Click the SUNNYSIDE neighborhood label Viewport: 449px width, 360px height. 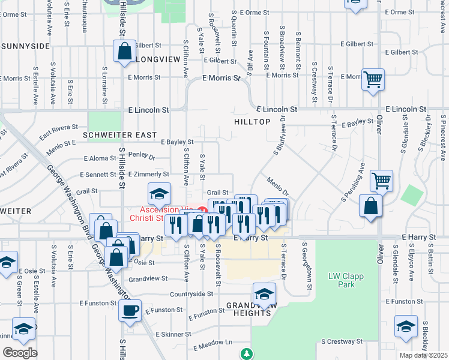[25, 46]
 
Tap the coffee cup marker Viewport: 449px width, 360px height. [130, 311]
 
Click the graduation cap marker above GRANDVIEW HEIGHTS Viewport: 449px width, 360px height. [264, 294]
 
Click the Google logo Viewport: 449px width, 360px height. [20, 352]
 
